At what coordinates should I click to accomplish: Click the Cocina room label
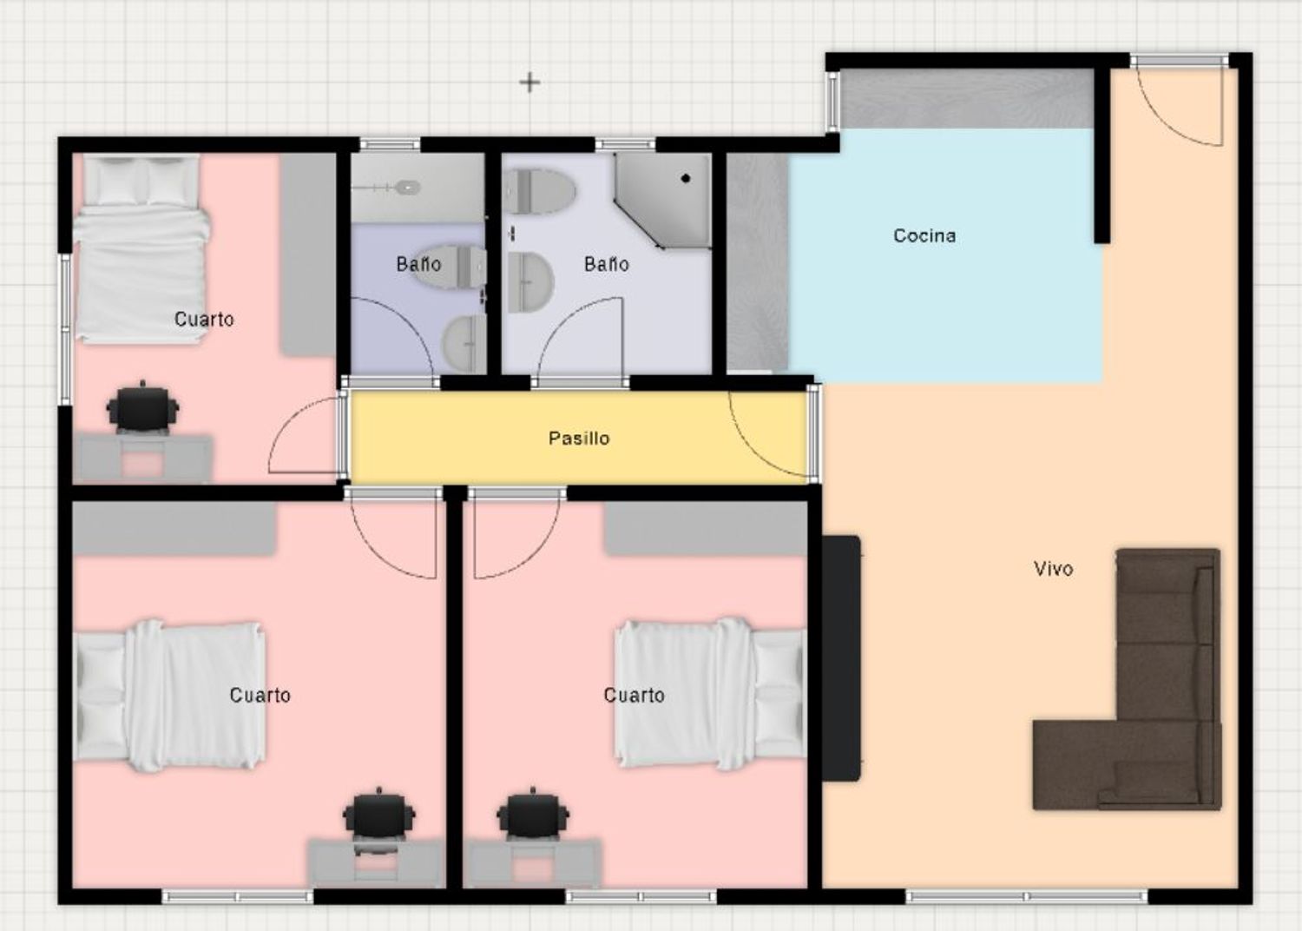click(924, 235)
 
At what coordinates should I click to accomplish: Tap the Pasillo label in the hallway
click(579, 438)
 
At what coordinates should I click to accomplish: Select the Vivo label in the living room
click(1053, 568)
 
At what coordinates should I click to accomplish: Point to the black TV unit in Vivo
click(841, 657)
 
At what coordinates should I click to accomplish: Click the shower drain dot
click(686, 179)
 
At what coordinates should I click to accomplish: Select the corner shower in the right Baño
click(662, 201)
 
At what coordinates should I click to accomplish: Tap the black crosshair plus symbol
click(529, 83)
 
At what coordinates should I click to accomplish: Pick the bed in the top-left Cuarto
click(141, 248)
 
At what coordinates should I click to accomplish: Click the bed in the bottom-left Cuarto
click(170, 696)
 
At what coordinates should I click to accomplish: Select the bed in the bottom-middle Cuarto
click(710, 694)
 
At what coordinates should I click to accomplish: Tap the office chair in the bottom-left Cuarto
click(379, 820)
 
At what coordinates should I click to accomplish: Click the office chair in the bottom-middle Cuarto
click(533, 819)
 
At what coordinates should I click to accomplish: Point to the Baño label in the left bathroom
click(418, 264)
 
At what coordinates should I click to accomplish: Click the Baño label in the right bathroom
click(606, 264)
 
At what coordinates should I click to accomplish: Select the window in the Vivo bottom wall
click(1027, 896)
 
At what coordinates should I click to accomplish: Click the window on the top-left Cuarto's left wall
click(65, 328)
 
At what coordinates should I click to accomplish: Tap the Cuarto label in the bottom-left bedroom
click(260, 695)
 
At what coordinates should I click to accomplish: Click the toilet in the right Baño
click(539, 190)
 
